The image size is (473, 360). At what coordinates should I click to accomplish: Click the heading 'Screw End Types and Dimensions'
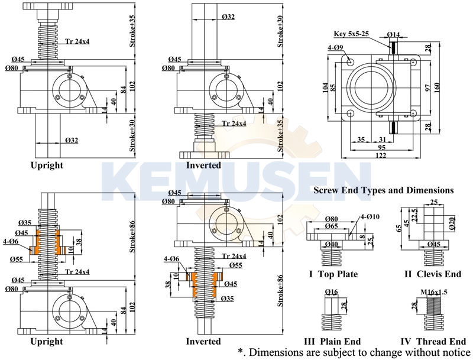[x=383, y=190]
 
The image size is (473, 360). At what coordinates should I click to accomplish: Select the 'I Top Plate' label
[x=333, y=274]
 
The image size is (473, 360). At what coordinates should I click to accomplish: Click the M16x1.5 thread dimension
[x=433, y=292]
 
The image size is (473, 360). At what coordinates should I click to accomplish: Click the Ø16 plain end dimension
[x=331, y=292]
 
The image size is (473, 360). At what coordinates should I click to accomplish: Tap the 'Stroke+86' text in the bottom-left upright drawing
[x=134, y=237]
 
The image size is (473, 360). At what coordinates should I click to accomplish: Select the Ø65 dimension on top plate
[x=331, y=225]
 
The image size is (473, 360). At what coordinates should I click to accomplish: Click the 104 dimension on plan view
[x=325, y=87]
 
